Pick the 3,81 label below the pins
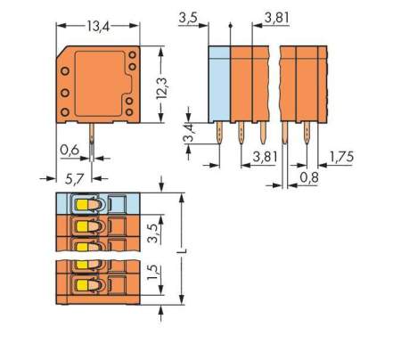263,156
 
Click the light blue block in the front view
218,85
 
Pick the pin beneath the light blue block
219,134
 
